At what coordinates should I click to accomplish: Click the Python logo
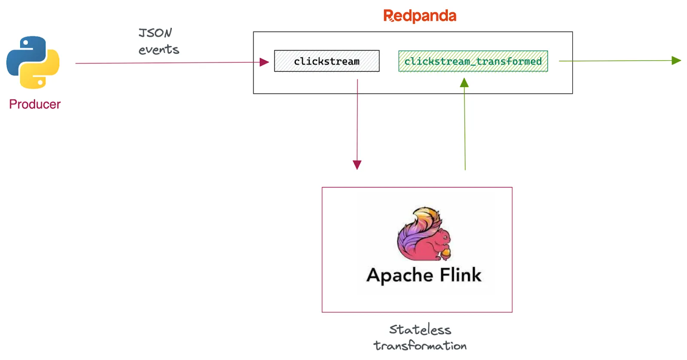(x=33, y=63)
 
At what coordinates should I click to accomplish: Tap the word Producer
(x=35, y=104)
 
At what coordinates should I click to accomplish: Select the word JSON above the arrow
(x=155, y=33)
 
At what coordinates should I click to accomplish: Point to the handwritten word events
(x=158, y=49)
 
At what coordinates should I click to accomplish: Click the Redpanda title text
(x=420, y=15)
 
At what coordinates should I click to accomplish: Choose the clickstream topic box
(x=327, y=61)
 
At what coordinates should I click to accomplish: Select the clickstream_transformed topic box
(x=473, y=61)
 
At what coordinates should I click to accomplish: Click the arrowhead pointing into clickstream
(x=264, y=62)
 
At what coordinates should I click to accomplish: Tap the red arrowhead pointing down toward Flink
(x=357, y=165)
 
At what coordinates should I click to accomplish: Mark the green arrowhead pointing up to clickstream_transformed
(x=464, y=82)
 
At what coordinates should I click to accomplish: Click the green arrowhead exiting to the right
(x=676, y=61)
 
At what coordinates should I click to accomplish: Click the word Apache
(x=399, y=275)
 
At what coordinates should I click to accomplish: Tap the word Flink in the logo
(x=460, y=275)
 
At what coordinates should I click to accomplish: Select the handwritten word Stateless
(x=420, y=330)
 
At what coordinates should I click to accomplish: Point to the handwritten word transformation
(x=420, y=345)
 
